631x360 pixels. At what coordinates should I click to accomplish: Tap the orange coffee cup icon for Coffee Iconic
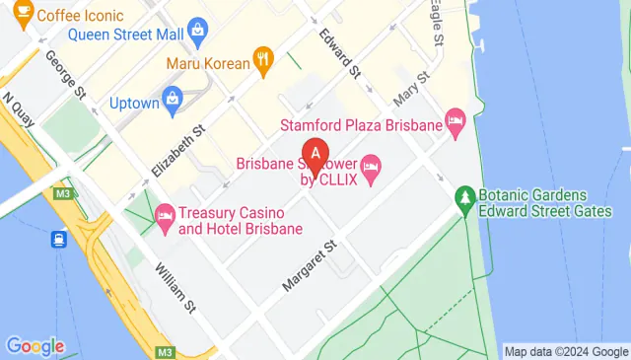(20, 14)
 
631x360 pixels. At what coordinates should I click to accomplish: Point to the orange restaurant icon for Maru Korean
(262, 58)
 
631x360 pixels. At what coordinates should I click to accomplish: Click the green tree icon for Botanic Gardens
(464, 200)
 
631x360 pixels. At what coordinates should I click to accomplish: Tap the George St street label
(61, 74)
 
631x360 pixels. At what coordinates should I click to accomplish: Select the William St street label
(175, 288)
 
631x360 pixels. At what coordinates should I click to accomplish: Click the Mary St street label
(412, 89)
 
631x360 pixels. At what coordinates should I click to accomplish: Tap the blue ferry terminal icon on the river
(60, 238)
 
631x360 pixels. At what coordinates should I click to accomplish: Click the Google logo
(35, 346)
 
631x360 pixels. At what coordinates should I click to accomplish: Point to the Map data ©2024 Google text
(566, 351)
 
